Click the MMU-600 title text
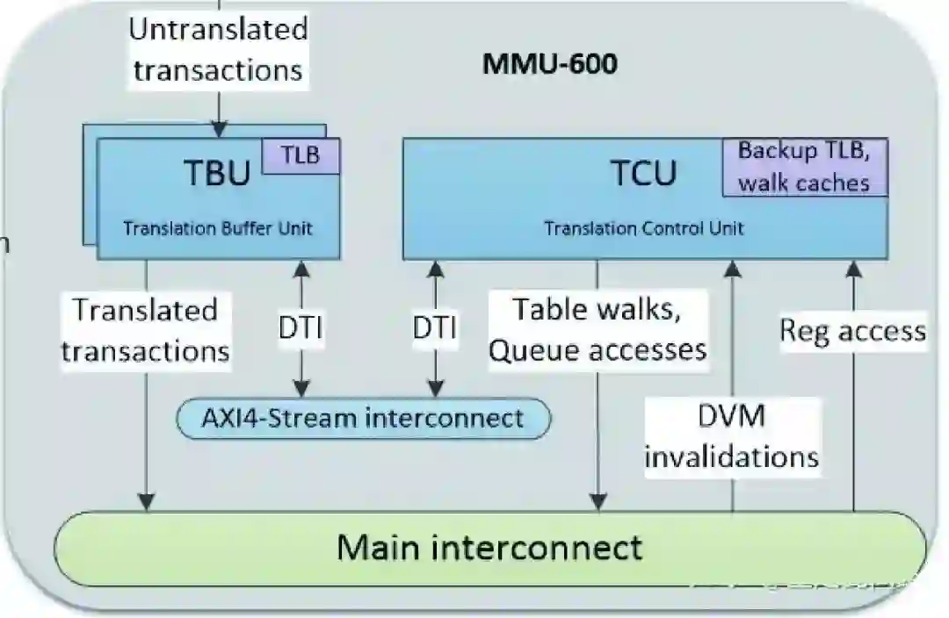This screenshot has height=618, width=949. (549, 64)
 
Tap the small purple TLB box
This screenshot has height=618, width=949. (300, 155)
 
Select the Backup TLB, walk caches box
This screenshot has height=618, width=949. (804, 166)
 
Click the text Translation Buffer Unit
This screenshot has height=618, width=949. (217, 228)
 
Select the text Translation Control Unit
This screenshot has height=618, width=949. (643, 228)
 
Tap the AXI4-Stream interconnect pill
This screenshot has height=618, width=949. (363, 418)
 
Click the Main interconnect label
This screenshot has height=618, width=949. (489, 548)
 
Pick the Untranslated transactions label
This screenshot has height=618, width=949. (218, 49)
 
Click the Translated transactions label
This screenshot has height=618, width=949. (145, 330)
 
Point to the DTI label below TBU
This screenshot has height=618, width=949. (301, 330)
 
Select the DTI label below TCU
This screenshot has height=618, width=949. (434, 330)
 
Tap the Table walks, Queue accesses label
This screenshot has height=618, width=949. (598, 329)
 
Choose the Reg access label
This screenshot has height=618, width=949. (852, 330)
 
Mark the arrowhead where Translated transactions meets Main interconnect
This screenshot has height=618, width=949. (146, 501)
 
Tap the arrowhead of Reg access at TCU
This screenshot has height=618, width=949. (852, 269)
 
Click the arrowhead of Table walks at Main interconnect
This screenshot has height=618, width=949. (598, 501)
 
